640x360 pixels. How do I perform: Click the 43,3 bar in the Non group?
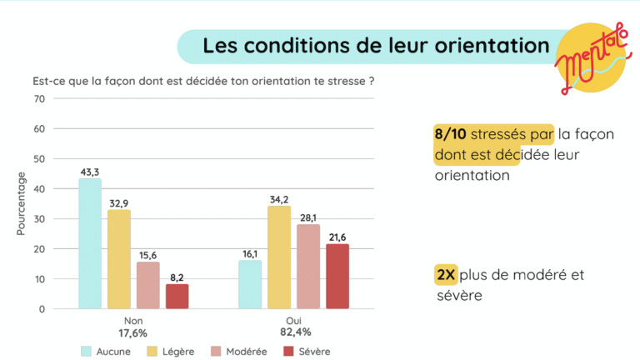click(x=90, y=243)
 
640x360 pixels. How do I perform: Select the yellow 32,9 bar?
click(x=119, y=259)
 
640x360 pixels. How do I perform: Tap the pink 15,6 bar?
click(x=147, y=285)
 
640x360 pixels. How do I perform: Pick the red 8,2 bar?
click(x=177, y=296)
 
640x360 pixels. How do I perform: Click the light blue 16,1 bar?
click(x=250, y=284)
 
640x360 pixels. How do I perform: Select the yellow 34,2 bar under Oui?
click(x=279, y=257)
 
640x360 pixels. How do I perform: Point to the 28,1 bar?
click(x=308, y=267)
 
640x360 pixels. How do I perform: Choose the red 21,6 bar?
click(x=337, y=276)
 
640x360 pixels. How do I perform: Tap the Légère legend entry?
click(x=171, y=352)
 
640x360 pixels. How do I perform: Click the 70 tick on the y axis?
click(x=39, y=99)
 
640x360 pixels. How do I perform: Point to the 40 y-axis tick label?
click(x=39, y=189)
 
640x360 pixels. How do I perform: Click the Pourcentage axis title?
click(x=21, y=203)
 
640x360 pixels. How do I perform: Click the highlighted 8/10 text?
click(x=451, y=132)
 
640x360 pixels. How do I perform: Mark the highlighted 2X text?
click(x=446, y=275)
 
